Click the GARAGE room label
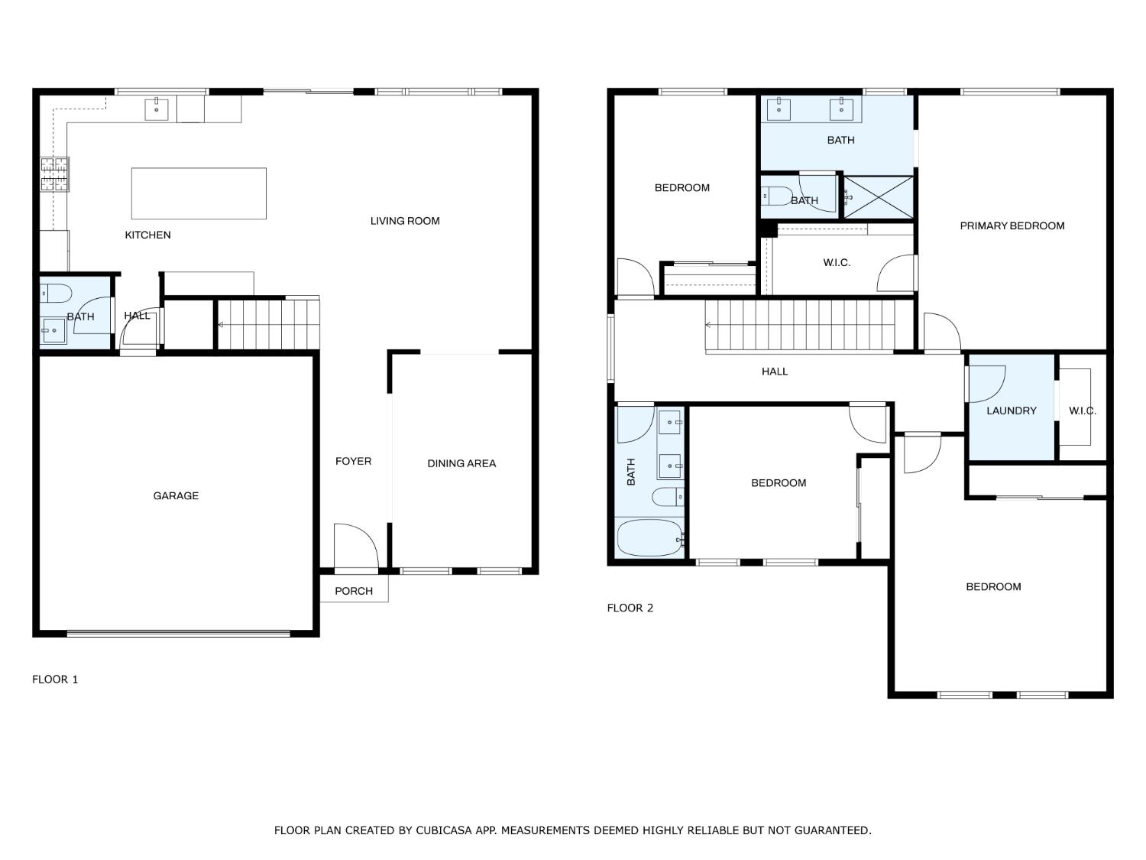176,495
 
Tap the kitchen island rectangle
199,193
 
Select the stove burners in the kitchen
55,174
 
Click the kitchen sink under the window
156,109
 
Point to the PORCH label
354,591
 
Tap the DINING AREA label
461,463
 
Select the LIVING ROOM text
405,221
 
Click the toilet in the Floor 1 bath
55,294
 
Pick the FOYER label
354,461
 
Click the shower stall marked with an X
878,197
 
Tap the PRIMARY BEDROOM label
1012,226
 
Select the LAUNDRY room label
1012,411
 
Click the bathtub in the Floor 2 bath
650,537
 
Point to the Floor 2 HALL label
774,372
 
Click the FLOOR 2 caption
630,608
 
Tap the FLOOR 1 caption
55,680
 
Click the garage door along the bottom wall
179,634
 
